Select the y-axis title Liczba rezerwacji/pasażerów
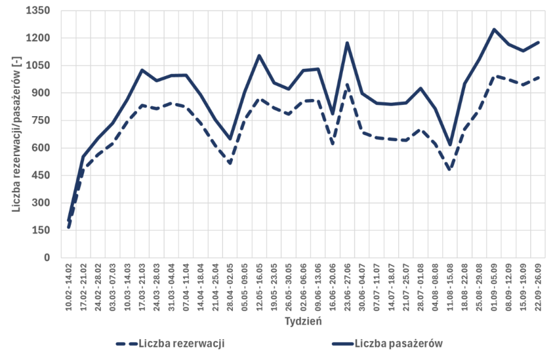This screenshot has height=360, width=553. pos(17,133)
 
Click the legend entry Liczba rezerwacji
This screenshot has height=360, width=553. pos(181,343)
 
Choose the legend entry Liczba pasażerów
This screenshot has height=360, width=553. pos(399,343)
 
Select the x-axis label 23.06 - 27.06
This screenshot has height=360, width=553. pos(347,286)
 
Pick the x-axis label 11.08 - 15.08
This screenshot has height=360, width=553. pos(450,286)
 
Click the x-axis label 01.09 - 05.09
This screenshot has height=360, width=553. pos(494,286)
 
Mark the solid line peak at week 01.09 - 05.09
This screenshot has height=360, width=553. pos(494,29)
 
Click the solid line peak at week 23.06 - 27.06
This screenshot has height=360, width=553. pos(347,43)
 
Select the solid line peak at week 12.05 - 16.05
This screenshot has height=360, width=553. pos(259,55)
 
